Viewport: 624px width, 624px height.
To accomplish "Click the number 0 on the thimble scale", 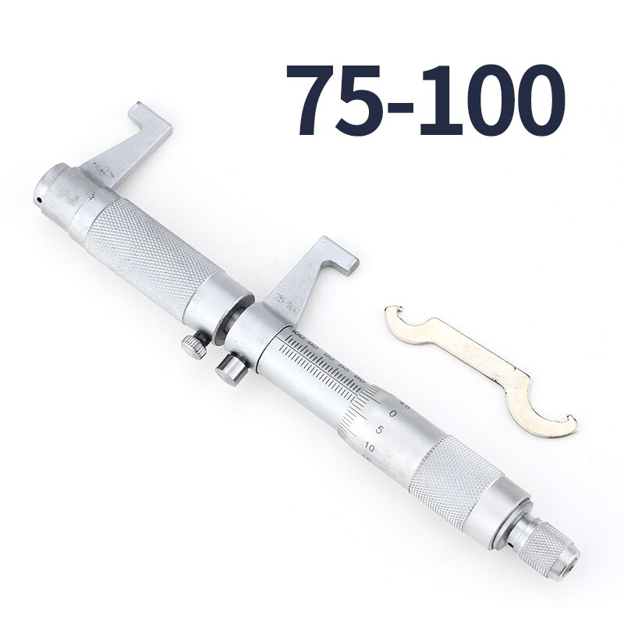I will tap(393, 412).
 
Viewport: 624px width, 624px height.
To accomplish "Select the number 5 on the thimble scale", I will tap(378, 430).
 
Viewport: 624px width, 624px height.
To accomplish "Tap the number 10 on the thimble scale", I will tap(369, 448).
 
